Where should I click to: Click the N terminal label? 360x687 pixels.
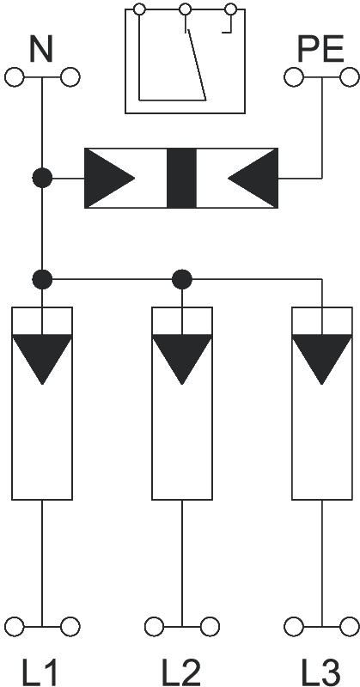(41, 49)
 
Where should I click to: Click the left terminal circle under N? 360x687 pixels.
(15, 77)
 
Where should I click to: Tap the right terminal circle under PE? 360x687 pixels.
(350, 77)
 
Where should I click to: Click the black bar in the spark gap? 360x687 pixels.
(181, 178)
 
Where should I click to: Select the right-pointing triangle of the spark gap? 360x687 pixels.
(110, 178)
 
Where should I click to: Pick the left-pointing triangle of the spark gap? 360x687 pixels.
(253, 178)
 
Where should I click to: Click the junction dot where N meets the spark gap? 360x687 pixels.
(42, 179)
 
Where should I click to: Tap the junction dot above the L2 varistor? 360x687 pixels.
(182, 279)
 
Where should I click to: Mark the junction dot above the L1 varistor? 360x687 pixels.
(42, 279)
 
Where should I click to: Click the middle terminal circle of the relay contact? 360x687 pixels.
(186, 9)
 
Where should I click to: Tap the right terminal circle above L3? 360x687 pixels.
(350, 627)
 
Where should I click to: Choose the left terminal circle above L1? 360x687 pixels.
(15, 627)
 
